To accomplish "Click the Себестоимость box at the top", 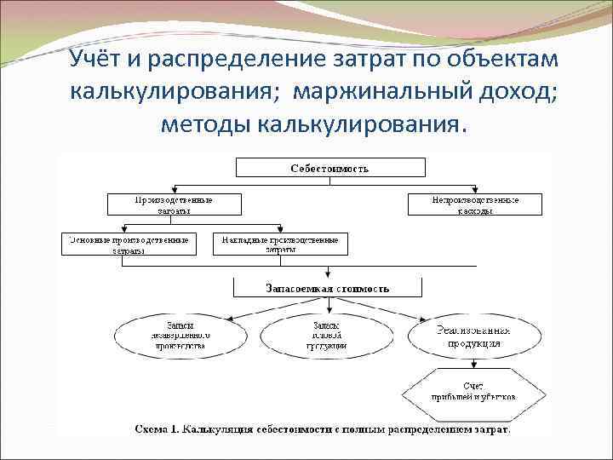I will coord(329,169).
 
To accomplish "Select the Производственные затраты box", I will coord(174,204).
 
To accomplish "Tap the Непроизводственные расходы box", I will coord(474,204).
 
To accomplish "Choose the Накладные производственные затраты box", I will coord(280,244).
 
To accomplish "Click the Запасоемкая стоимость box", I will coord(329,288).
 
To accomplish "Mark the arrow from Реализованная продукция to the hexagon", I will coord(473,363).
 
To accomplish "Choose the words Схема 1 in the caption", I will coord(158,429).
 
